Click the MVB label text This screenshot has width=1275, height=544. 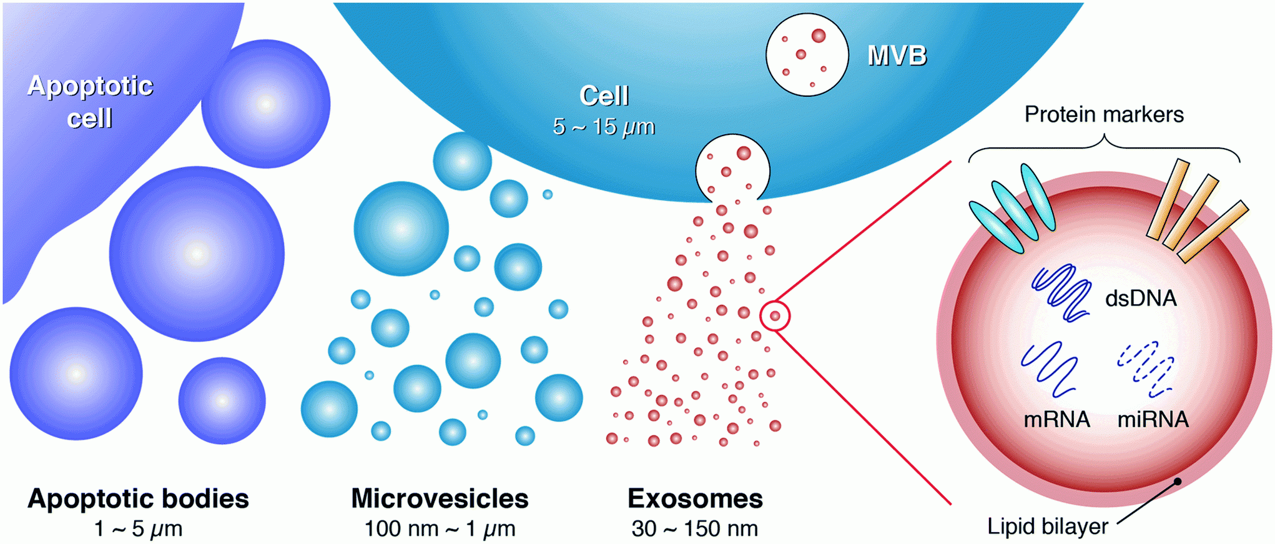(897, 56)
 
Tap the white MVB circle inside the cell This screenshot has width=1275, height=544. (807, 55)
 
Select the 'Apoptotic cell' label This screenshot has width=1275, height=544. (90, 102)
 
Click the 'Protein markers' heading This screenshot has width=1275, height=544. (1103, 115)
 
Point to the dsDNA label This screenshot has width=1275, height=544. (1140, 299)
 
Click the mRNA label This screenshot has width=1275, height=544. (1056, 419)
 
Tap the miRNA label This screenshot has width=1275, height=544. (1153, 419)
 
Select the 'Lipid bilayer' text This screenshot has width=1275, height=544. (1047, 527)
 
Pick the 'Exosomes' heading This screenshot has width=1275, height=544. (695, 499)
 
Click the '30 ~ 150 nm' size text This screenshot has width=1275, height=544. (694, 529)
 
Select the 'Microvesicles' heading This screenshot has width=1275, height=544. (440, 499)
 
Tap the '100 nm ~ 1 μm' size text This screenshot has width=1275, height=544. (440, 529)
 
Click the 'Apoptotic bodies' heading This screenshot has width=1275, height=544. (138, 499)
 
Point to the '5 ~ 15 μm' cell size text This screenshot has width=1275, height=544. (603, 127)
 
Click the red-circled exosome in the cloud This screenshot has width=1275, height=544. (775, 316)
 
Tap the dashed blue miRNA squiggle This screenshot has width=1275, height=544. (1146, 368)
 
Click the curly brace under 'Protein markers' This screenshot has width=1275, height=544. (1104, 147)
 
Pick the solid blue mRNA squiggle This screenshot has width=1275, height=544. (1049, 369)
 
